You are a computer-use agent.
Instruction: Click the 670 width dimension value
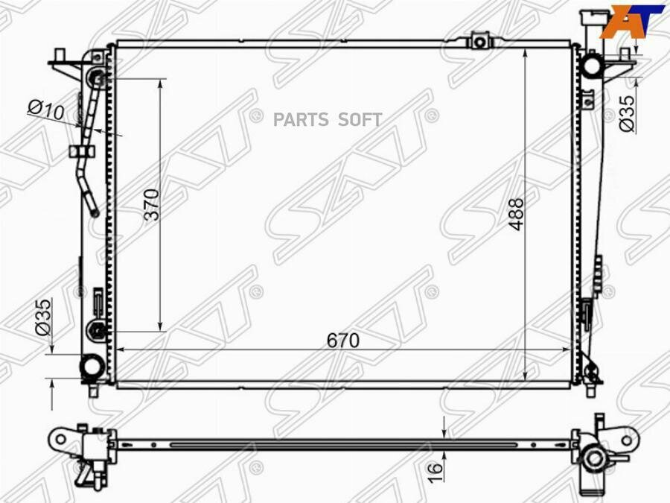click(343, 341)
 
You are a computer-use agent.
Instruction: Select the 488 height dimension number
click(516, 215)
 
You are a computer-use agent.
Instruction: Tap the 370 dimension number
click(152, 204)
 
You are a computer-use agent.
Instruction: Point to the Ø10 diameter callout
click(46, 110)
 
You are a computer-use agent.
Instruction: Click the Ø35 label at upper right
click(628, 114)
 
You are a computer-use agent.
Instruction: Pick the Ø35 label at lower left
click(42, 317)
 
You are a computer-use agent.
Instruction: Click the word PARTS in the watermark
click(301, 120)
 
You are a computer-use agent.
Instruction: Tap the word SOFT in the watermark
click(360, 120)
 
